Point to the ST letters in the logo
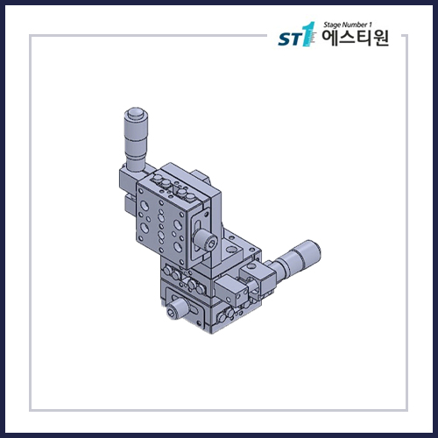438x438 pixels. click(x=286, y=40)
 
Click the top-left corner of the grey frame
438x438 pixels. click(x=31, y=36)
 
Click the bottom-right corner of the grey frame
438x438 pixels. click(x=407, y=410)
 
